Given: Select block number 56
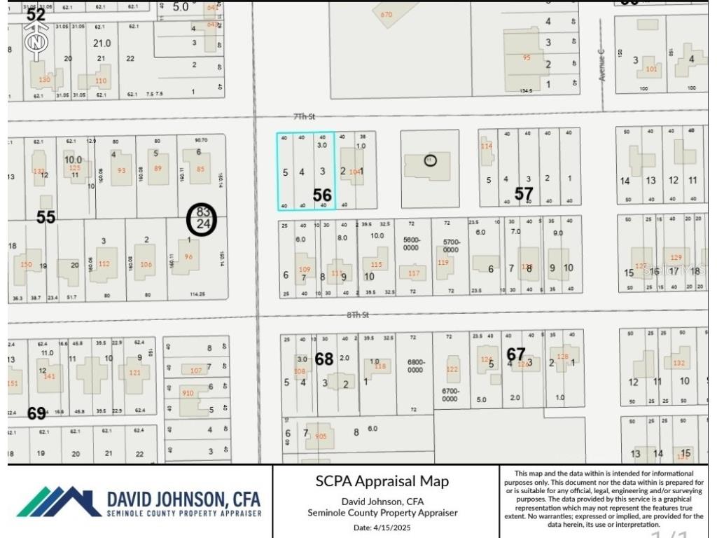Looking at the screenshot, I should tap(322, 195).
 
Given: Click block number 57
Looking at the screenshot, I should tap(524, 194).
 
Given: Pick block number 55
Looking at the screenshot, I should tap(46, 217).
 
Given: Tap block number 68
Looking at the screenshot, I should tap(324, 359).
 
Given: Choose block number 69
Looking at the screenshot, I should tap(36, 413).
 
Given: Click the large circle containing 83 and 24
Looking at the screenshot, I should tap(203, 219).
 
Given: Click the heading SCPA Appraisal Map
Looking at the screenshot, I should tap(382, 481).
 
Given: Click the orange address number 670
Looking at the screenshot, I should tap(387, 14).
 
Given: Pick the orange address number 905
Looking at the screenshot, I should tap(321, 436).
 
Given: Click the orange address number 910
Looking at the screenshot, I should tap(188, 393).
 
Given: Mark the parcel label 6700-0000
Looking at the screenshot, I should tap(450, 395).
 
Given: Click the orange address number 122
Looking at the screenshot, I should tap(452, 369).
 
